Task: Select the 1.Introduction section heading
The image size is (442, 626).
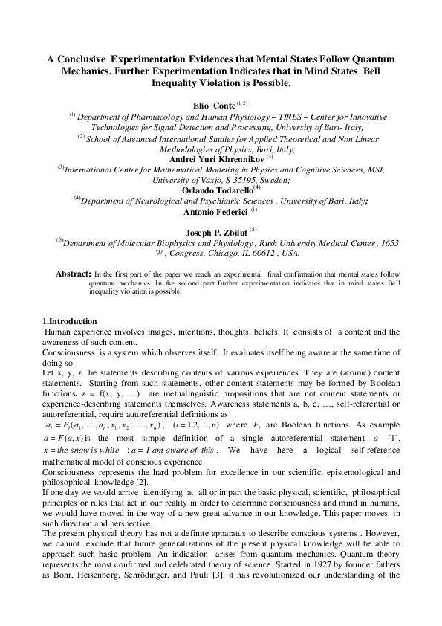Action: click(x=69, y=321)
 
